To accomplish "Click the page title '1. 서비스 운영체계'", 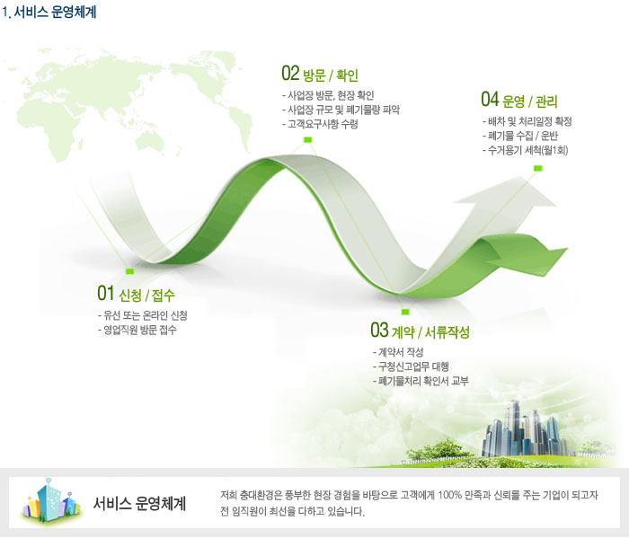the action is (49, 12).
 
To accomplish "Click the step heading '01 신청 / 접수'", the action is (136, 294).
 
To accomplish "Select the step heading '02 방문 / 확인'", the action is (320, 74).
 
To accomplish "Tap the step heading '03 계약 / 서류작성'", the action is (420, 331).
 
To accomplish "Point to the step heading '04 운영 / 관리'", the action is (519, 100).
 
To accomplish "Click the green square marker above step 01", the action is (129, 271).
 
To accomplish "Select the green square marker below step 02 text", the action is (307, 140).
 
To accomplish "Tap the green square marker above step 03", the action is (405, 312).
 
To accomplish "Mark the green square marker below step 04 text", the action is (538, 169).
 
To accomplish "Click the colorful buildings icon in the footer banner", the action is (51, 501).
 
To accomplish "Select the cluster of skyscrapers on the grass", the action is (525, 430).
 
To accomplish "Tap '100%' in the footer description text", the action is (449, 495).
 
